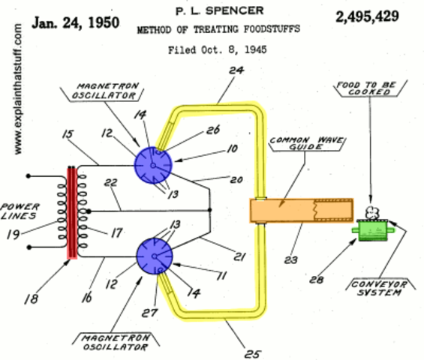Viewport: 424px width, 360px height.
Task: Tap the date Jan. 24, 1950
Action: (x=76, y=22)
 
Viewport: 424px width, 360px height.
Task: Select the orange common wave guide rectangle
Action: (x=301, y=210)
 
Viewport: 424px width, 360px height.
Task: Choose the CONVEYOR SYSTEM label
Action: (x=378, y=289)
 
